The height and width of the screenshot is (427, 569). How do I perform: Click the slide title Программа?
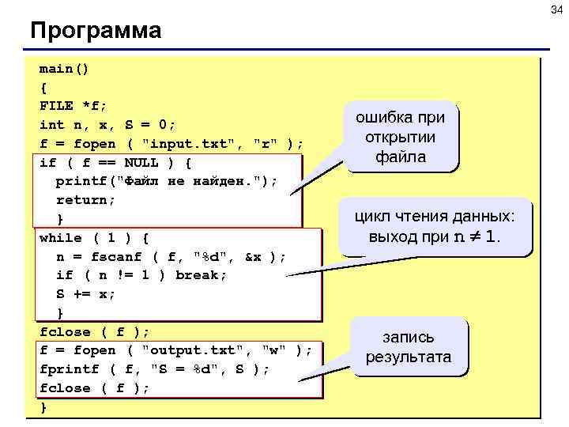(x=96, y=31)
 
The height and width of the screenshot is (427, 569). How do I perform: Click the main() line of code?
(x=65, y=69)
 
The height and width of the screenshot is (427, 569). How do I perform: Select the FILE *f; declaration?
(x=73, y=106)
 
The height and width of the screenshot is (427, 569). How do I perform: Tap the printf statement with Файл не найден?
(x=167, y=181)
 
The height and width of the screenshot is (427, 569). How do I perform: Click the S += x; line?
(x=85, y=293)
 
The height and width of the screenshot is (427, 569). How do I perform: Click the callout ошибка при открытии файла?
(x=401, y=137)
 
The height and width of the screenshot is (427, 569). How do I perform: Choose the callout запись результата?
(x=409, y=346)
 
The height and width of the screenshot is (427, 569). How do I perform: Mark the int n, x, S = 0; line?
(x=107, y=125)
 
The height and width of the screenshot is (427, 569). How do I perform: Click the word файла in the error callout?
(x=401, y=157)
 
